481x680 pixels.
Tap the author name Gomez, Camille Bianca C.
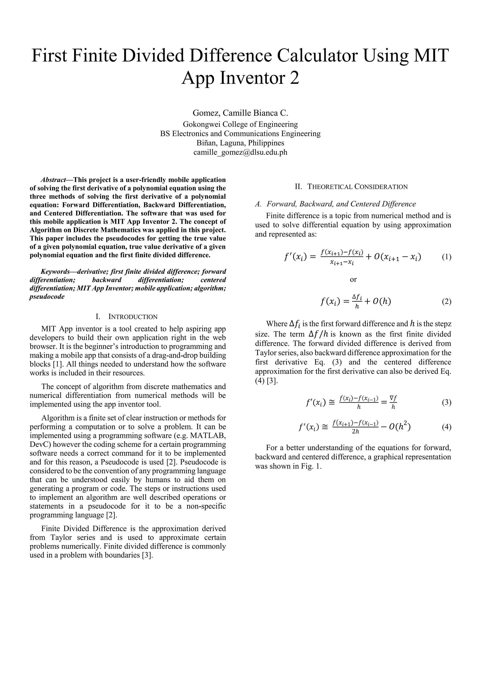tap(240, 113)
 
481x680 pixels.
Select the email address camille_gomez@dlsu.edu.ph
tap(240, 152)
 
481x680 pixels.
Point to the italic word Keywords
tap(55, 271)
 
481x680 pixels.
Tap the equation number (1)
tap(446, 257)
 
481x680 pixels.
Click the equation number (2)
tap(446, 302)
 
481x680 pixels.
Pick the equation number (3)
tap(446, 403)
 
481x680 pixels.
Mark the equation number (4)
tap(446, 427)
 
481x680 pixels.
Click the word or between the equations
tap(353, 279)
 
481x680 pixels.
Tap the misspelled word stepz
tap(442, 324)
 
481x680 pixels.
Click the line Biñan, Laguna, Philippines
tap(240, 143)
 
